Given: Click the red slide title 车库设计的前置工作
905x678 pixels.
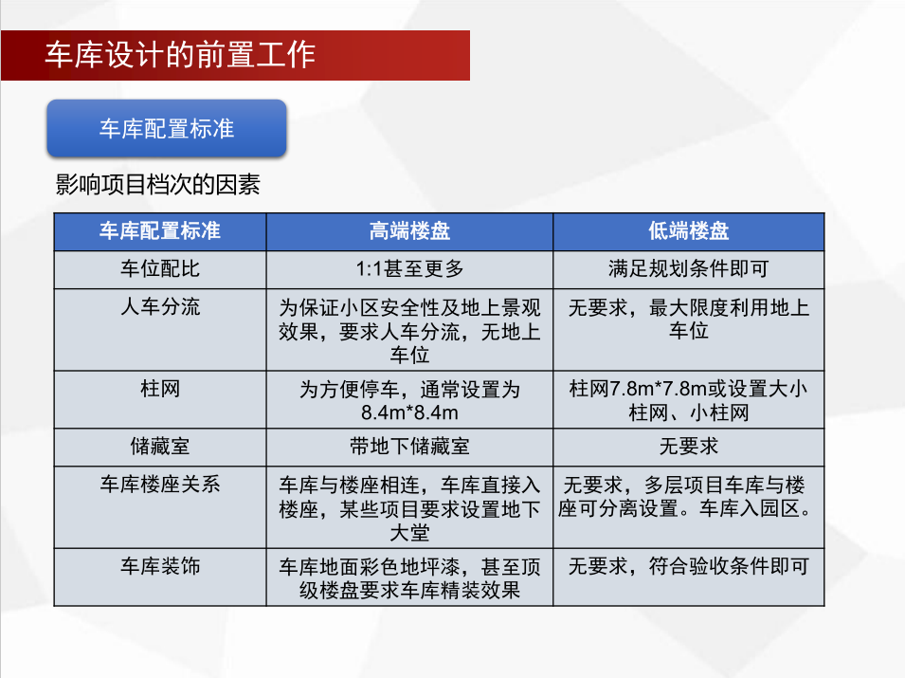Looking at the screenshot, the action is [x=180, y=55].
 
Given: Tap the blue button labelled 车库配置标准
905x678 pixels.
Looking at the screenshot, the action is [x=167, y=128].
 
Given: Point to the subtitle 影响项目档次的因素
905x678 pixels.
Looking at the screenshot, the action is [x=157, y=185].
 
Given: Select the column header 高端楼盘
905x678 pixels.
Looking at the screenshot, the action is [x=409, y=231].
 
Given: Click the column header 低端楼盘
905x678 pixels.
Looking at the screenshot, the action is [x=689, y=231].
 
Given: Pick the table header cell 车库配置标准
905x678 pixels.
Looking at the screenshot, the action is [x=160, y=231].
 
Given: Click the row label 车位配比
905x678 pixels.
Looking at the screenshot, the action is [x=160, y=268].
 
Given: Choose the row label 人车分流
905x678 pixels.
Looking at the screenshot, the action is [x=160, y=306].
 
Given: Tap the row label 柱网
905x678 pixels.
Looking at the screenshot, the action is [x=160, y=389].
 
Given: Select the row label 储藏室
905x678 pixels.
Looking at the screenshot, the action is [x=160, y=447].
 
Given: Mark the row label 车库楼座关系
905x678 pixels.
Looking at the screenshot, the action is [x=160, y=485].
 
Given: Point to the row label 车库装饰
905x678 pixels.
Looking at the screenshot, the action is [x=160, y=566].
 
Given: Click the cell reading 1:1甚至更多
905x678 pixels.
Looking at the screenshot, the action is [x=409, y=268].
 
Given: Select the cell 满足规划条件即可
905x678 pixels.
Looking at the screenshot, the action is [x=689, y=268].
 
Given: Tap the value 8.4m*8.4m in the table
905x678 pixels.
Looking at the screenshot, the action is [x=409, y=412].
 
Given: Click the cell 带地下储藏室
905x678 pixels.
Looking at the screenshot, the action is [x=409, y=447].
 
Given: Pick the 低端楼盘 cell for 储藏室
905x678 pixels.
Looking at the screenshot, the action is [x=689, y=447].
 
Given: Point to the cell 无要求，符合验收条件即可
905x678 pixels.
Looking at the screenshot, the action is [x=689, y=566].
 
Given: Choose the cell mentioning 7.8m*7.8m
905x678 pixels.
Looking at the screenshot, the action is [x=689, y=401].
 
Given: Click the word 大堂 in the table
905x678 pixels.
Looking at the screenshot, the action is [x=409, y=533].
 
